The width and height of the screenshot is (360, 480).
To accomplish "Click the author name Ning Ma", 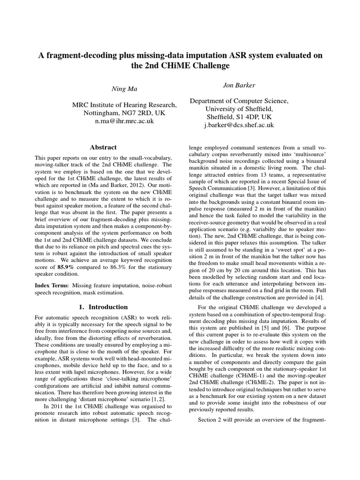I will coord(124,89).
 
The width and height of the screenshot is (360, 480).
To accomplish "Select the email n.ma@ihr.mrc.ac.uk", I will coord(124,121).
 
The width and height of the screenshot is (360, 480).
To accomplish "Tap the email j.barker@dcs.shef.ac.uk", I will coord(239,125).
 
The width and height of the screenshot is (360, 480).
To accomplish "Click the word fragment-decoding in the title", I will coord(77,55).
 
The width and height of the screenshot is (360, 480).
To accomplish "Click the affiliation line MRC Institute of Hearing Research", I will coord(124,105).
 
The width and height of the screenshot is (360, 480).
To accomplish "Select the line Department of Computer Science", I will coord(239,101).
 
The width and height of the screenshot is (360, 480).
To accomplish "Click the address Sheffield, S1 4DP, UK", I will coord(239,117).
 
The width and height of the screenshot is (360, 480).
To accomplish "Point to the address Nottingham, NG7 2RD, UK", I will coord(124,113).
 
